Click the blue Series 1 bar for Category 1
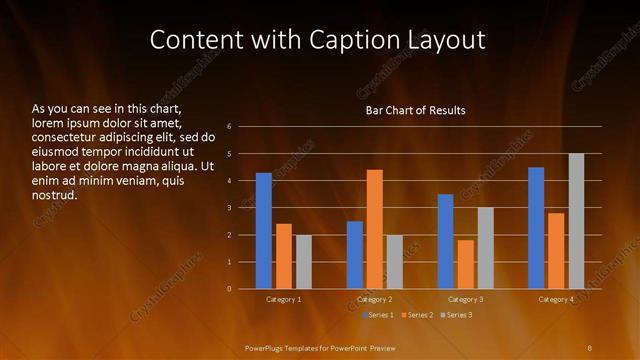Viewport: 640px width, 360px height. (x=264, y=231)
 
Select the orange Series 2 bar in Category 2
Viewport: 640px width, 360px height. (x=375, y=229)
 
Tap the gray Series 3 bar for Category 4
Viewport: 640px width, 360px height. (x=576, y=221)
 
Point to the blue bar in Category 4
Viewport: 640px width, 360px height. (x=536, y=228)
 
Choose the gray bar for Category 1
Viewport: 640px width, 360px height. (x=304, y=262)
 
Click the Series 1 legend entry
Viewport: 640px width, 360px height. (x=378, y=315)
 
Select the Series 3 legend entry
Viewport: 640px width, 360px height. (x=455, y=315)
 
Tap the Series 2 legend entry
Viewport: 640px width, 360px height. (x=417, y=315)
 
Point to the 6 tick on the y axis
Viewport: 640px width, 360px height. (x=230, y=127)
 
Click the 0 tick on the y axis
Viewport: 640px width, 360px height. (x=230, y=289)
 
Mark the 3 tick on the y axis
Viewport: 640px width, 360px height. (x=230, y=208)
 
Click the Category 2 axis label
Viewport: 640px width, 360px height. (x=375, y=299)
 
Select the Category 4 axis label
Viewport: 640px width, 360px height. (x=556, y=299)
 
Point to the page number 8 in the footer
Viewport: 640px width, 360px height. (x=589, y=347)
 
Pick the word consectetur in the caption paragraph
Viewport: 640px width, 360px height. (x=63, y=136)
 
